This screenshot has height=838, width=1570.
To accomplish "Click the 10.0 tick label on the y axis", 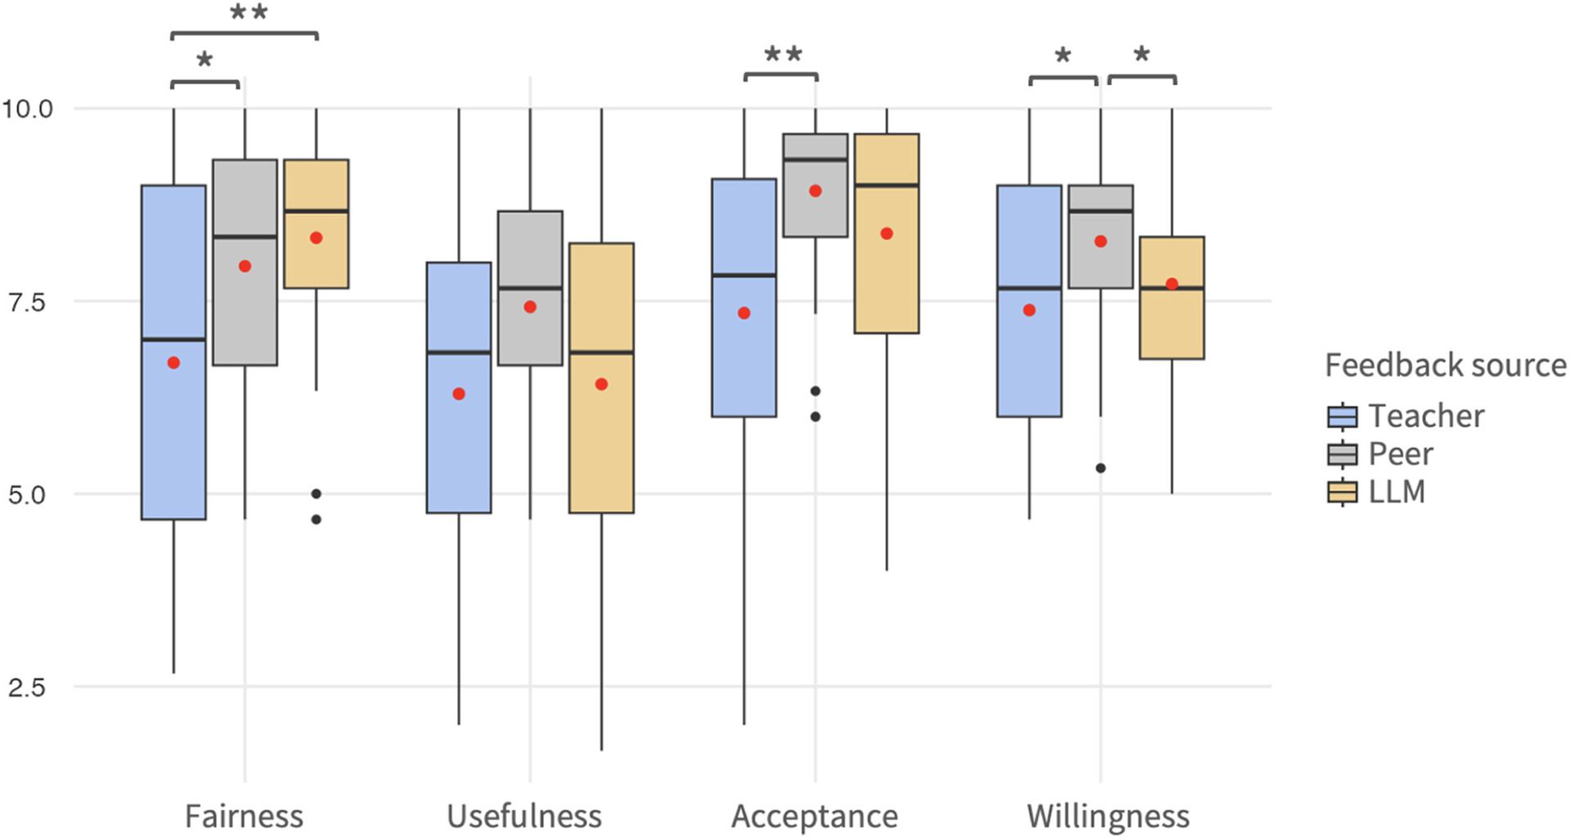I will [x=27, y=108].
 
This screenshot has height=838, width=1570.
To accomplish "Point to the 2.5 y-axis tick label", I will [x=27, y=687].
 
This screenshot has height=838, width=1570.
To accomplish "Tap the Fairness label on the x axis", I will [x=244, y=816].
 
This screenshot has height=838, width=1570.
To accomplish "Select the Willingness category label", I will [x=1108, y=816].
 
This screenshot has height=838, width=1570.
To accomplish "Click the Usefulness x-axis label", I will [x=524, y=816].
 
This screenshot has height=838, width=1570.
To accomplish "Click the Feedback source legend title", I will [x=1445, y=365].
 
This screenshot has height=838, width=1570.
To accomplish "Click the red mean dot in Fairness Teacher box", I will [x=173, y=363].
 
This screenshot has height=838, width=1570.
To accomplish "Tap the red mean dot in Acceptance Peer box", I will [x=815, y=191].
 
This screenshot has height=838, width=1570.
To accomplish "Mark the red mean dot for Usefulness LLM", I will [x=602, y=384].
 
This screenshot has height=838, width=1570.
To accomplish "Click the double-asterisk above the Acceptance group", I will [x=783, y=56].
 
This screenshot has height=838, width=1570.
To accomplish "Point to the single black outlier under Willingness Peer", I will [x=1101, y=468].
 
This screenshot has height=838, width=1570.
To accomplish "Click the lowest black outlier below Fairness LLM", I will [x=316, y=519].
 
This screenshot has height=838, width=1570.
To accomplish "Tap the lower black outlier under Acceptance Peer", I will [x=815, y=417].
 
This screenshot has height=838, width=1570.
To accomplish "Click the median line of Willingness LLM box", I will [x=1172, y=289].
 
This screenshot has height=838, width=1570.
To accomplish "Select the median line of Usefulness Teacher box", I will [x=459, y=353].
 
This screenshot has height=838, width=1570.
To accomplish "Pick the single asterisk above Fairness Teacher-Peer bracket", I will [x=204, y=60].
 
